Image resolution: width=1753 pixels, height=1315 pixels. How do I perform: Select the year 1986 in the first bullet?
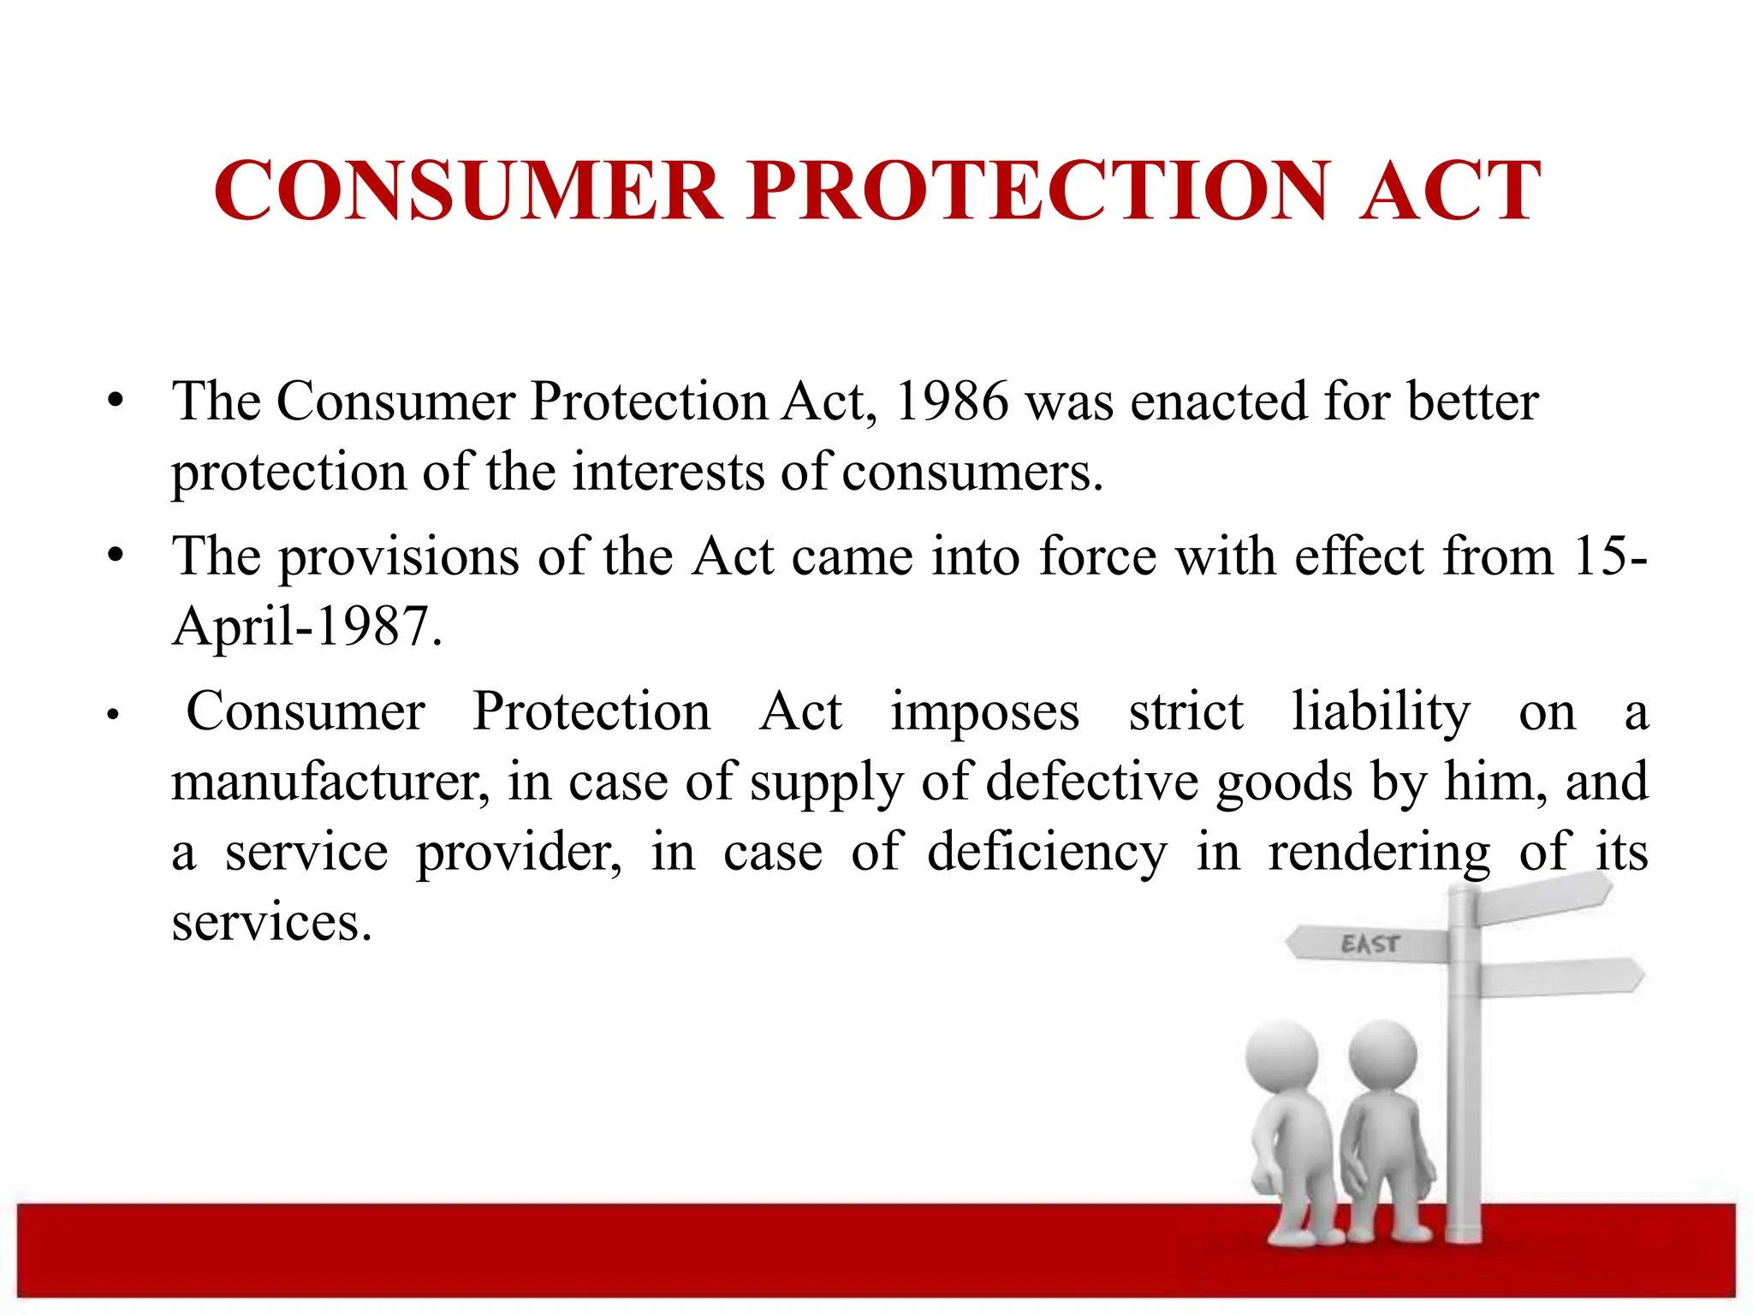[951, 401]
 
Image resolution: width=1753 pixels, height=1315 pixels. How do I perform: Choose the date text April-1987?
[306, 626]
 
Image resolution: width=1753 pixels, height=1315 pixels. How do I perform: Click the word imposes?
[984, 711]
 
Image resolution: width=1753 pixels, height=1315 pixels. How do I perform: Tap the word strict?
[1186, 711]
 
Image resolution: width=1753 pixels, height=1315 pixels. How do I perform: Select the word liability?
[1381, 711]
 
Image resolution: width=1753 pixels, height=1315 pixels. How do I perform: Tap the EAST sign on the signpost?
[1370, 944]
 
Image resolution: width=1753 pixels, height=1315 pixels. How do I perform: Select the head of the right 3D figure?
[1382, 1055]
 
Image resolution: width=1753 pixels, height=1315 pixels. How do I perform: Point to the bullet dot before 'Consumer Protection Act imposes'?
[111, 714]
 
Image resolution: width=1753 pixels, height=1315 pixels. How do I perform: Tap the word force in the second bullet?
[1097, 556]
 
